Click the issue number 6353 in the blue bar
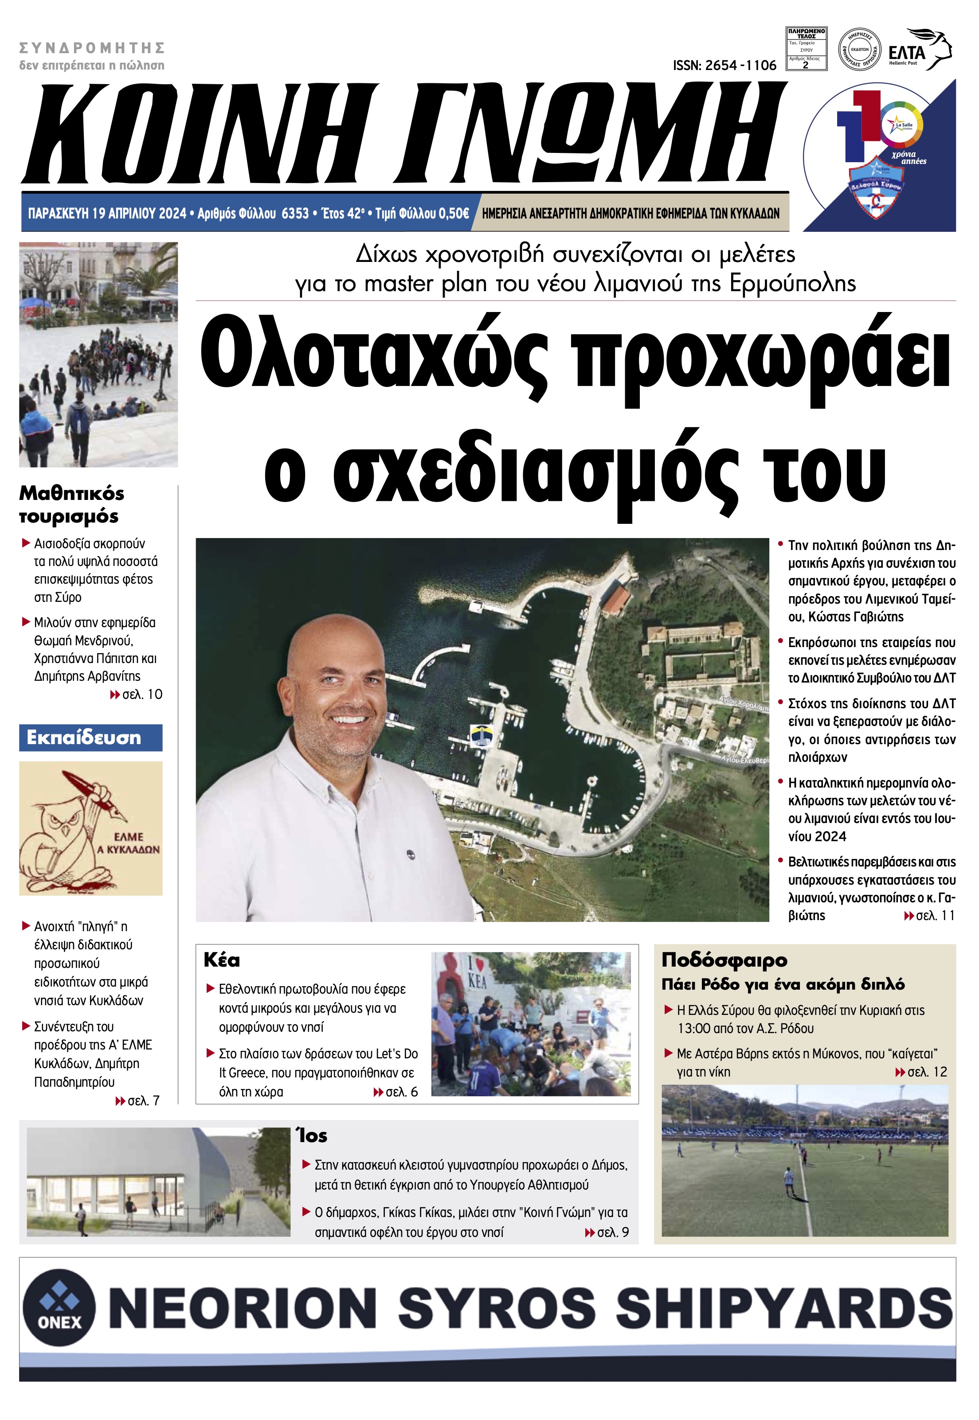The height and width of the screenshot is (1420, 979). click(x=294, y=213)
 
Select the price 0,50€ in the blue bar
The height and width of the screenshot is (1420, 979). click(x=453, y=213)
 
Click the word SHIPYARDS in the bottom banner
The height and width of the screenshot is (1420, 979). click(x=783, y=1306)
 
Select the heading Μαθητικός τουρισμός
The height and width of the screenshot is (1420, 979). click(x=71, y=504)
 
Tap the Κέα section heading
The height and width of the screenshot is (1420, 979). click(x=221, y=960)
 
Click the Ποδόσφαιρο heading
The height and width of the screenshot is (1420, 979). click(x=724, y=959)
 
